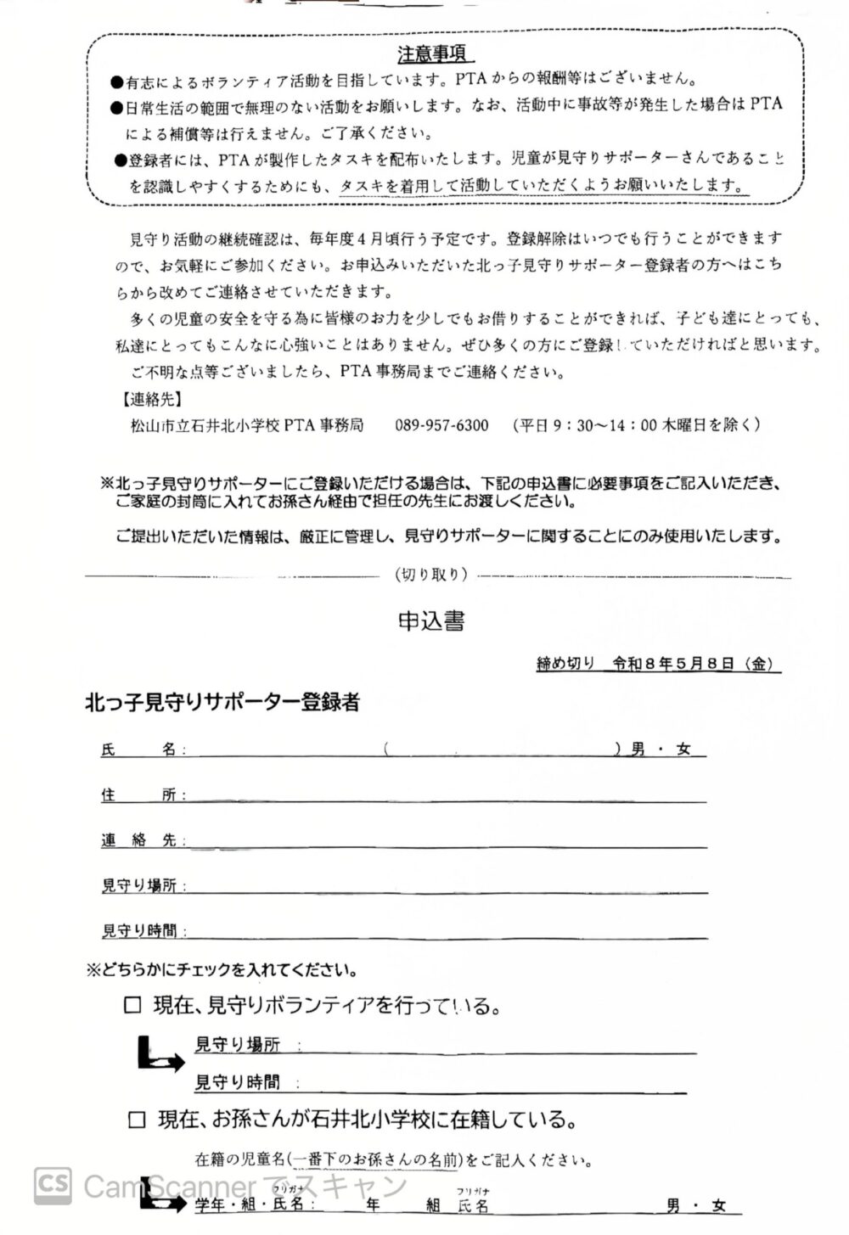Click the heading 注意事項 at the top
point(432,54)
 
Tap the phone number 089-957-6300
point(441,425)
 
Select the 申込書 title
point(431,621)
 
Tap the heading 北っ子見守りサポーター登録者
point(222,703)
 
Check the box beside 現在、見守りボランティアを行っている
point(133,1006)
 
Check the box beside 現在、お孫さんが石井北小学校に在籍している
point(137,1120)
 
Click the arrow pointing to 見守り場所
point(159,1054)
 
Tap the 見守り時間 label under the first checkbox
point(237,1082)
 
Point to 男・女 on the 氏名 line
point(661,749)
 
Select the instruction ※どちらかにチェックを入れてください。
point(221,969)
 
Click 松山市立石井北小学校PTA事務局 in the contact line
point(246,425)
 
